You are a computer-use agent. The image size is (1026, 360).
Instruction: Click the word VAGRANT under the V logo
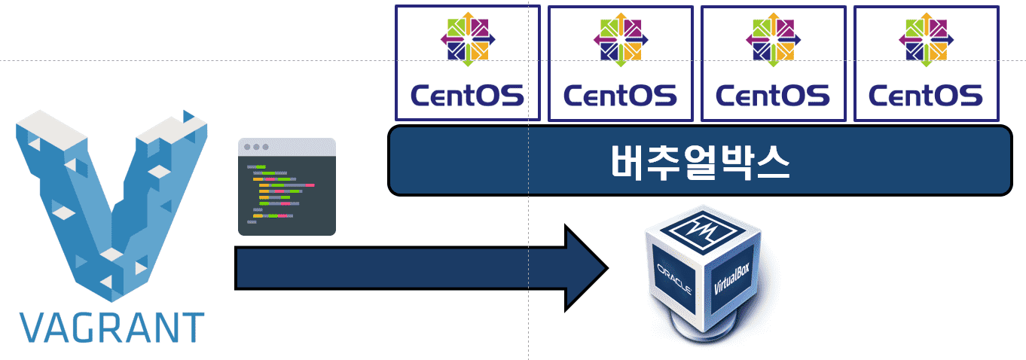[111, 326]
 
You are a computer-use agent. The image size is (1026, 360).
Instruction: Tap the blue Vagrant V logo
[111, 203]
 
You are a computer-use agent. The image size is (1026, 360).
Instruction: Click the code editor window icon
[286, 187]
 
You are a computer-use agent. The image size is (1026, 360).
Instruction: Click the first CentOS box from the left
[468, 63]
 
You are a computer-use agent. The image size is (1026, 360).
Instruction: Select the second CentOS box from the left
[620, 63]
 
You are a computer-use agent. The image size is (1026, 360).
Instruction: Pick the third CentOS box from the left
[773, 63]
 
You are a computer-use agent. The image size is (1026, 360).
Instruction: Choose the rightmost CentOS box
[926, 63]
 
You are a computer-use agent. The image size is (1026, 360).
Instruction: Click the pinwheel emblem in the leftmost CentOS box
[468, 38]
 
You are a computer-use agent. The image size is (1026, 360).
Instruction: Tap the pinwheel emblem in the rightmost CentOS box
[926, 38]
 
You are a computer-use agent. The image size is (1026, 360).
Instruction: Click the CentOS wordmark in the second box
[620, 95]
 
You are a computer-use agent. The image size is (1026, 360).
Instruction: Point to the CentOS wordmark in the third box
[773, 95]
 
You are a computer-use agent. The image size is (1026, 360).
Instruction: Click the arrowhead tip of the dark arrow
[603, 267]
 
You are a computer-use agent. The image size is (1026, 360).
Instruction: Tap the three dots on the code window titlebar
[255, 147]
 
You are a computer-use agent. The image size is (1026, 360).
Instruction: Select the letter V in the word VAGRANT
[33, 326]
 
